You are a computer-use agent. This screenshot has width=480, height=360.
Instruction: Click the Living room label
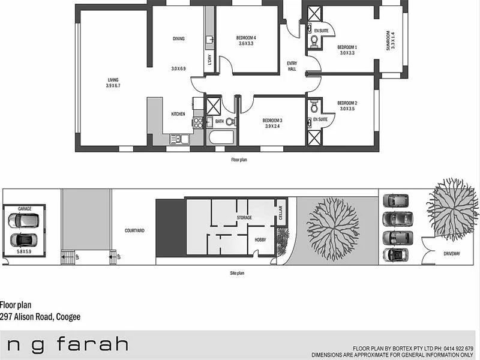tap(113, 80)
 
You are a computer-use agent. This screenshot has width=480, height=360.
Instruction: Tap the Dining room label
tap(178, 39)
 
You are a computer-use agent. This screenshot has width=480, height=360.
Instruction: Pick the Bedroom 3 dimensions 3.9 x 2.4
tap(272, 126)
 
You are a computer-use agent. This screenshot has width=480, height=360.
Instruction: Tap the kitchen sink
tap(178, 139)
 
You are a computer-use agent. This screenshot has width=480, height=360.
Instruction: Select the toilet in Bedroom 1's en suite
tap(314, 41)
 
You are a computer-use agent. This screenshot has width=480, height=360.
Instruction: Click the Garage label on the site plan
tap(25, 209)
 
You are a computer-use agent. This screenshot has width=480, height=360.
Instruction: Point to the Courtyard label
tap(133, 230)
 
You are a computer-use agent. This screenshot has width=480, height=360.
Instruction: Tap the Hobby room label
tap(260, 239)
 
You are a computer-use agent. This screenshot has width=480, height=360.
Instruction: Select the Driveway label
tap(452, 254)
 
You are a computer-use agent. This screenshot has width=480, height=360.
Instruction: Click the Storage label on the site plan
tap(244, 217)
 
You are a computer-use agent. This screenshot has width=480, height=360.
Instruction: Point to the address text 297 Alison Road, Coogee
tap(40, 316)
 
